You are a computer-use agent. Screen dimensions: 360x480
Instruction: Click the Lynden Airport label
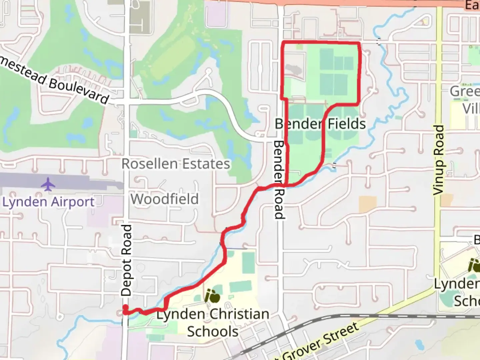(x=49, y=202)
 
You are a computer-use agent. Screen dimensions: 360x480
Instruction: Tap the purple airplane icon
(x=48, y=184)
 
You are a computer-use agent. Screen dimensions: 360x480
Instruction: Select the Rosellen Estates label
(x=176, y=164)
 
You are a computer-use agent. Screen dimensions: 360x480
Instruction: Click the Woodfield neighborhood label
(x=164, y=199)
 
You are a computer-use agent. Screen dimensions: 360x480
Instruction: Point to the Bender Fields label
(x=320, y=124)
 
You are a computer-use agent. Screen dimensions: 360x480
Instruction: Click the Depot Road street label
(x=126, y=260)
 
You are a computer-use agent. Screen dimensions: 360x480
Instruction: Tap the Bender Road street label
(x=279, y=180)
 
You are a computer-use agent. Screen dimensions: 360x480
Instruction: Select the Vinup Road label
(x=439, y=160)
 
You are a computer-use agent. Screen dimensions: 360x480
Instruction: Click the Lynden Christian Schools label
(x=213, y=323)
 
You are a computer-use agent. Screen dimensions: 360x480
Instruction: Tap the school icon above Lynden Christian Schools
(x=212, y=296)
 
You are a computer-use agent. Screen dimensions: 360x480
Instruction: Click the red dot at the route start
(x=125, y=307)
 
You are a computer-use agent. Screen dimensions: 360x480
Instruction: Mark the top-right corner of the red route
(x=359, y=43)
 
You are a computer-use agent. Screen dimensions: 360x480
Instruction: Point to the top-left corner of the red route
(x=283, y=42)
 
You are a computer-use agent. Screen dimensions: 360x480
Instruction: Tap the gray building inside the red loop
(x=293, y=70)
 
